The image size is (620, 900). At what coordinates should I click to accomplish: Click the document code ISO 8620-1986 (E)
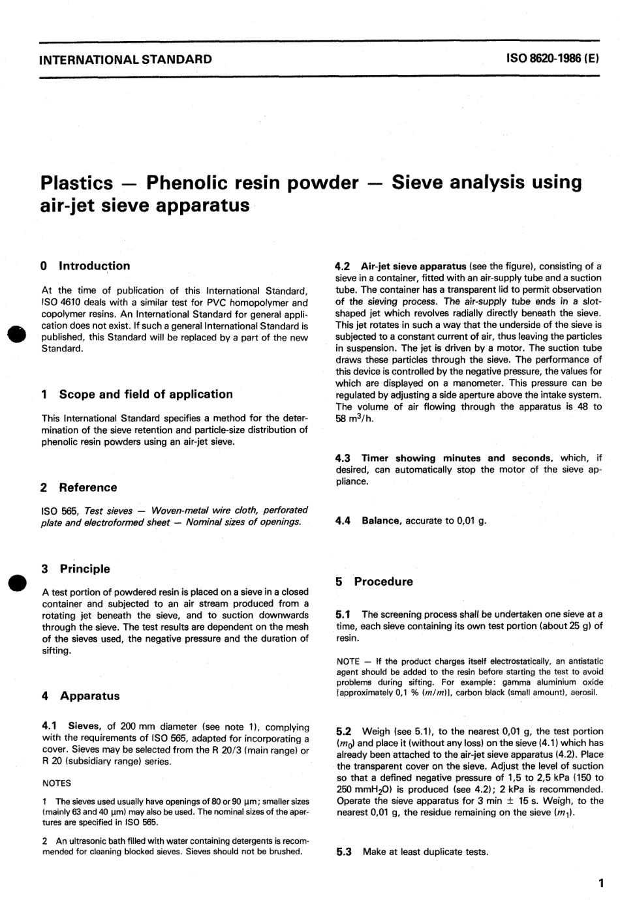(x=552, y=59)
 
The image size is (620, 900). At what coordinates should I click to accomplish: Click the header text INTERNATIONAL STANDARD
(x=126, y=59)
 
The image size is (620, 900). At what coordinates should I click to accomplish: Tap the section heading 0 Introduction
(x=85, y=266)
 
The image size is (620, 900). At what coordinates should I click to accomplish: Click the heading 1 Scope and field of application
(x=136, y=395)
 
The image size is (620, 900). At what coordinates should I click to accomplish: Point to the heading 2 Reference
(x=78, y=488)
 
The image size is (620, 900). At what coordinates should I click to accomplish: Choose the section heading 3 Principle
(x=76, y=569)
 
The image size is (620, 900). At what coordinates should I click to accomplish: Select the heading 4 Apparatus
(x=80, y=696)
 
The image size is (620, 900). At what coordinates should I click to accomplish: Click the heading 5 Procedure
(x=375, y=582)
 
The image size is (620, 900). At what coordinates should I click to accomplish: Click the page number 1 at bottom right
(x=600, y=884)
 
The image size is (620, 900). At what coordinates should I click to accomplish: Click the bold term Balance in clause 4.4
(x=381, y=521)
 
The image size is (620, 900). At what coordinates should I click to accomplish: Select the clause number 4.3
(x=343, y=458)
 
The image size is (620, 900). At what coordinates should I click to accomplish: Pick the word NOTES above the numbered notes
(x=56, y=783)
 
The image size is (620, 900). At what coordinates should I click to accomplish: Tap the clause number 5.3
(x=343, y=852)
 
